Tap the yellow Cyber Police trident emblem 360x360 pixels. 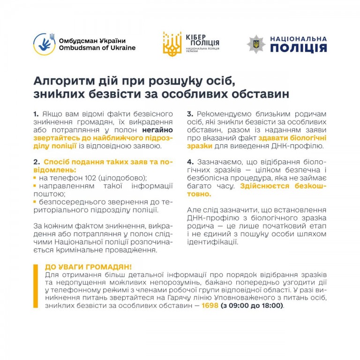coord(172,44)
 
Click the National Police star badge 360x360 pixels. coord(256,44)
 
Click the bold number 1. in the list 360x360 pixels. coord(36,114)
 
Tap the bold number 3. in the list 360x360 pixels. coord(190,114)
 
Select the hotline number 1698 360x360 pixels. coord(210,305)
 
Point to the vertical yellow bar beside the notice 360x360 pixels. coord(36,286)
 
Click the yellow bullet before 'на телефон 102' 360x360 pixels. coord(35,178)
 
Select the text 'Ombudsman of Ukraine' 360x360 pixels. coord(97,48)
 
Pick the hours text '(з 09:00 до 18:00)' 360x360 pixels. coord(252,305)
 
